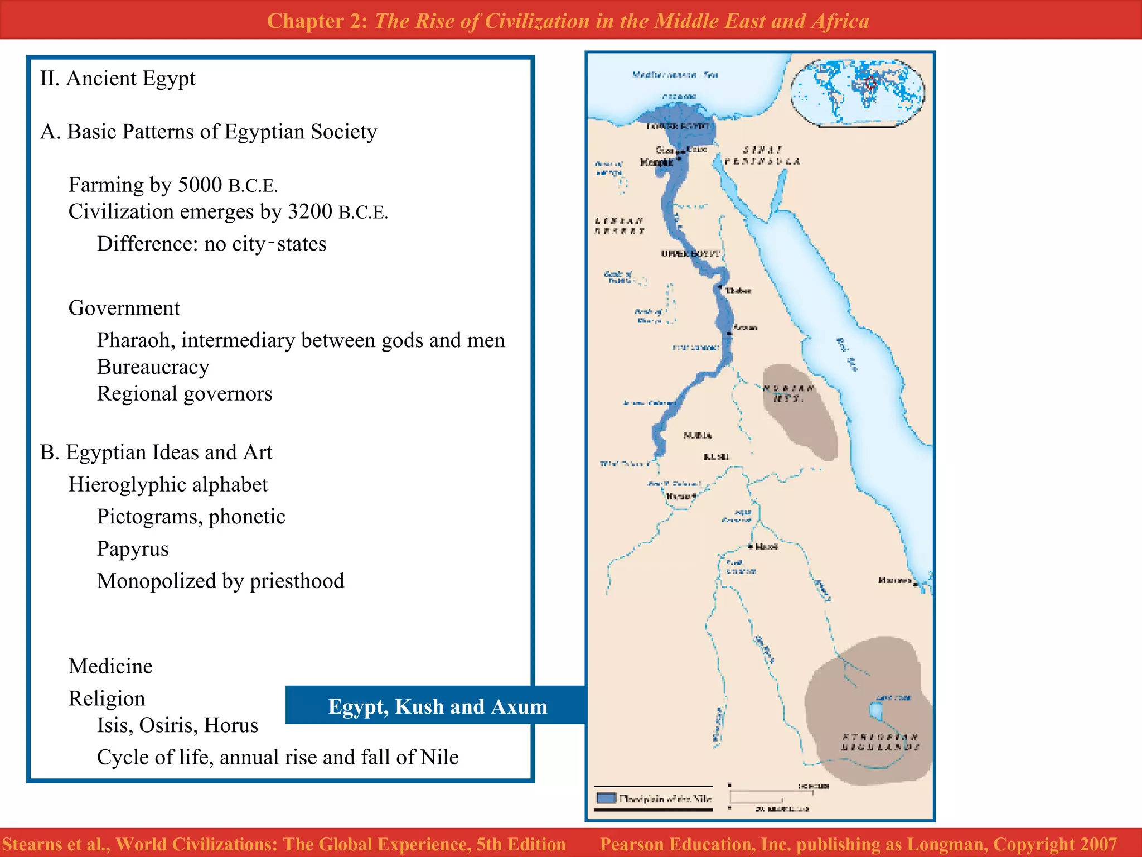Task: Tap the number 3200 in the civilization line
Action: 309,211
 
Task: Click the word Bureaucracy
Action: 153,367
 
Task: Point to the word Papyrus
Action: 132,549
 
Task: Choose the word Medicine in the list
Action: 110,666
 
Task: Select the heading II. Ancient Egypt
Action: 118,79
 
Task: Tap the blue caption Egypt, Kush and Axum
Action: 437,706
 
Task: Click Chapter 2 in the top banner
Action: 316,21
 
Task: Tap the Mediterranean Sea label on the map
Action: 675,74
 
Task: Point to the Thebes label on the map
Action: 738,291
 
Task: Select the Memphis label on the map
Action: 656,162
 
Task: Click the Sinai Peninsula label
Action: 762,156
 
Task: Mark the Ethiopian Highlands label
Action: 880,742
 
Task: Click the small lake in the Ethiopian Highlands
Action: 876,710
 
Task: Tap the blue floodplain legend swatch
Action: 606,798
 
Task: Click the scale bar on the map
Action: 771,796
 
